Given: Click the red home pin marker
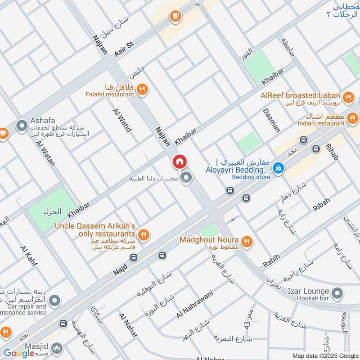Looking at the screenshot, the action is click(179, 162).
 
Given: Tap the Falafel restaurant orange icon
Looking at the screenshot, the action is click(142, 89).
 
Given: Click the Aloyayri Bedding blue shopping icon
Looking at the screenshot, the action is click(279, 168).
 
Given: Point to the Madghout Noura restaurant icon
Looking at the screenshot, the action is click(246, 242).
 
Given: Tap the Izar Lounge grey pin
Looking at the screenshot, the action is click(340, 292).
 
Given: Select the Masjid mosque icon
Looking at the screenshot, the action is click(57, 348).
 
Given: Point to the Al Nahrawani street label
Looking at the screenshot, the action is click(194, 304).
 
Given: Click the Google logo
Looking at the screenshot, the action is click(19, 353).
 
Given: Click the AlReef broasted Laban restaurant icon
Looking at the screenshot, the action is click(348, 97).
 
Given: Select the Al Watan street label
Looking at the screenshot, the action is click(45, 154).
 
